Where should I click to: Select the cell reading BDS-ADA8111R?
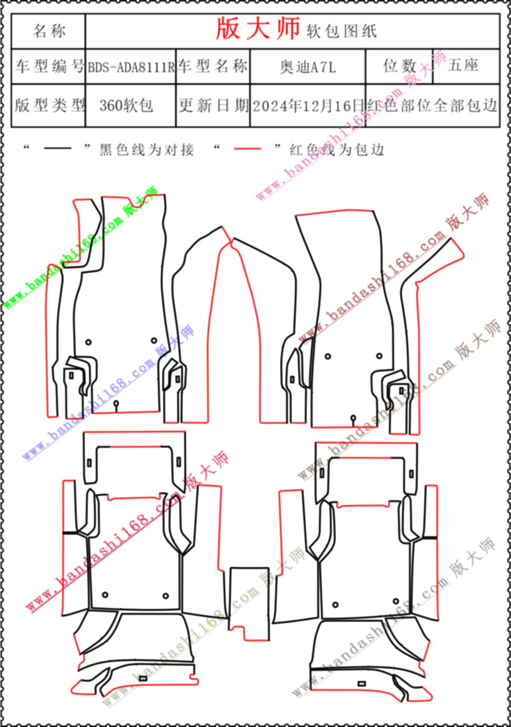tap(131, 67)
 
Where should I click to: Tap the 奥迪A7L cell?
tap(307, 67)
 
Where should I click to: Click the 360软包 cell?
tap(127, 106)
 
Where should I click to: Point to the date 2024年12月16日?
tap(309, 106)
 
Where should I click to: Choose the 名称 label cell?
tap(49, 31)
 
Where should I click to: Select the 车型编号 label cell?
tap(49, 67)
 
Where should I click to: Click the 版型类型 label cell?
tap(49, 106)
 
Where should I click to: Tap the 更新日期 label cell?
tap(214, 106)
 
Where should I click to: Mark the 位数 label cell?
tap(399, 66)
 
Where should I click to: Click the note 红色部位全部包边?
tap(433, 106)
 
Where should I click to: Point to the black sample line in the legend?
tap(58, 149)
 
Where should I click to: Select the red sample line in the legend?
tap(248, 149)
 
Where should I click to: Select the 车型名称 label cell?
tap(213, 67)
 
